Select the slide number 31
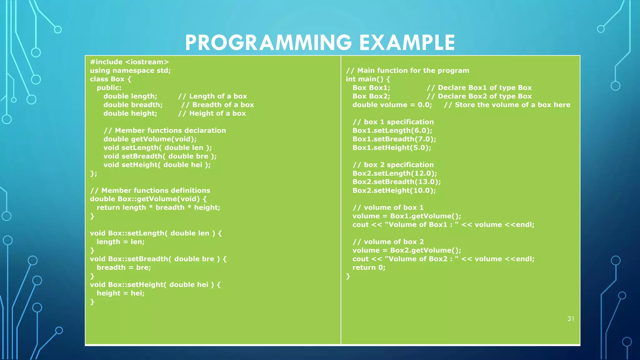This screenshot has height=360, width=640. [571, 319]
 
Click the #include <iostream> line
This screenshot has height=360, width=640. [129, 62]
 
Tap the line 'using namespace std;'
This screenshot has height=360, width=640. [130, 71]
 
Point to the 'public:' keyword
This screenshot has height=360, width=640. [109, 88]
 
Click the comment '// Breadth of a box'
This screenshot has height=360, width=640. [217, 105]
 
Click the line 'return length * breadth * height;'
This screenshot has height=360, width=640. [158, 207]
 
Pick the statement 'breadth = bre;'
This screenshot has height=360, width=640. [124, 267]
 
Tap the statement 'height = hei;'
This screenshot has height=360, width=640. [121, 293]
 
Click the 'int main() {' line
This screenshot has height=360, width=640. [368, 79]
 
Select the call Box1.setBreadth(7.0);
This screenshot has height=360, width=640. [394, 139]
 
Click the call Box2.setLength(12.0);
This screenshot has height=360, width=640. [395, 173]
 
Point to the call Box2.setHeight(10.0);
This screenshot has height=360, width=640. [394, 191]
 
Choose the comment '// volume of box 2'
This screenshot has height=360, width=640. [388, 242]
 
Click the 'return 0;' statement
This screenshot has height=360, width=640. [369, 267]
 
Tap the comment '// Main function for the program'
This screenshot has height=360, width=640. [407, 71]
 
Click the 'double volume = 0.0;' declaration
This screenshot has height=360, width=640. [392, 105]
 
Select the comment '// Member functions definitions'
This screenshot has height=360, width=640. [150, 191]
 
